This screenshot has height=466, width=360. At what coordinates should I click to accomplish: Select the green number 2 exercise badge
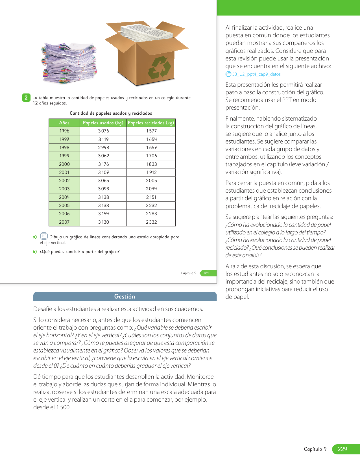(26, 98)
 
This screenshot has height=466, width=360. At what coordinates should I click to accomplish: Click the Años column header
(64, 123)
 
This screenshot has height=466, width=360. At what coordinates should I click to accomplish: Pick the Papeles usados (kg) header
(103, 123)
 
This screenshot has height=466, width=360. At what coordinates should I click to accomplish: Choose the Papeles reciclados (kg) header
(151, 123)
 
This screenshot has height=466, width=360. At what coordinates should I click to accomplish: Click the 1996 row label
(64, 131)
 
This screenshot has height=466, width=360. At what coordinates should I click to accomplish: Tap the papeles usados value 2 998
(103, 147)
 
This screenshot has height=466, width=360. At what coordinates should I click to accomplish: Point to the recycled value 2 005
(151, 180)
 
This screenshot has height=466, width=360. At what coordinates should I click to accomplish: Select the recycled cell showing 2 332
(151, 222)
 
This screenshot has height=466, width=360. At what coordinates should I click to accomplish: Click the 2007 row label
(64, 222)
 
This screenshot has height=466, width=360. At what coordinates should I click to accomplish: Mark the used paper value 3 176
(103, 164)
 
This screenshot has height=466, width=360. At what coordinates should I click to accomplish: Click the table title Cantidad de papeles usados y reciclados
(111, 113)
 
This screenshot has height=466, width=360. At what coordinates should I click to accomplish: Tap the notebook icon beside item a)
(44, 236)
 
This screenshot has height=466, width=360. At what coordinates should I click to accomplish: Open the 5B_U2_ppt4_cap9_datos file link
(256, 74)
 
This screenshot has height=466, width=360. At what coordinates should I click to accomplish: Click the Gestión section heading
(125, 297)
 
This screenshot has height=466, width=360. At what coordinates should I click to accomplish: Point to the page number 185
(206, 273)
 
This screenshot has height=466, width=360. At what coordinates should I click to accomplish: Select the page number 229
(342, 449)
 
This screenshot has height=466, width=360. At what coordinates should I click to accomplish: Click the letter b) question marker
(35, 252)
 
